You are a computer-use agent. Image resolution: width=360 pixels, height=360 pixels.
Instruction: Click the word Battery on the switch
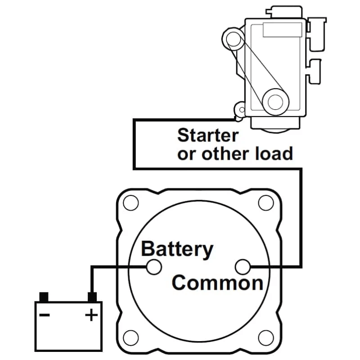pos(177,249)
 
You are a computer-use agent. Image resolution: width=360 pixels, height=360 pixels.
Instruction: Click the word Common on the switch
pos(217,283)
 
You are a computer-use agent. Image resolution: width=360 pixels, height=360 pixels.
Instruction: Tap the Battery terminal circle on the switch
pos(154,267)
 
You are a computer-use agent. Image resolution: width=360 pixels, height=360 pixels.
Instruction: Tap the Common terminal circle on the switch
pos(243,267)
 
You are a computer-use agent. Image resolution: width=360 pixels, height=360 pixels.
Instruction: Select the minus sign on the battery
pos(45,315)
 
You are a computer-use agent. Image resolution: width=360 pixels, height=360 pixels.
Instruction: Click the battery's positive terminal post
pos(92,297)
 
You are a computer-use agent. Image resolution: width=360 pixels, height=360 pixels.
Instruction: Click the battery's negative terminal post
pos(44,297)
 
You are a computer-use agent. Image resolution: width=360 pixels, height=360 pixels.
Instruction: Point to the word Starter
pos(207,135)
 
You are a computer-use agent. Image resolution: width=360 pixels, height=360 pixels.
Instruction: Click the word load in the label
pos(273,153)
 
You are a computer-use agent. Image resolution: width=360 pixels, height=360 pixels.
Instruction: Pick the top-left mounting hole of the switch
pos(130,203)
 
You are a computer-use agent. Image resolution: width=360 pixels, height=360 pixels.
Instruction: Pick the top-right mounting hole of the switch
pos(266,203)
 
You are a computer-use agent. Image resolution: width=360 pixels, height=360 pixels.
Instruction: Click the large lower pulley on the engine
pos(274,101)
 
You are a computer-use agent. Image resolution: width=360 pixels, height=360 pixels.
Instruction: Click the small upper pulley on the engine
pos(234,39)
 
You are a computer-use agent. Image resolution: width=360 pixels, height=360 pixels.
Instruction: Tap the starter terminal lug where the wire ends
pos(241,109)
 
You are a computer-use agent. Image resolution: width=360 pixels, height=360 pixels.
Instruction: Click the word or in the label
pos(186,153)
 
